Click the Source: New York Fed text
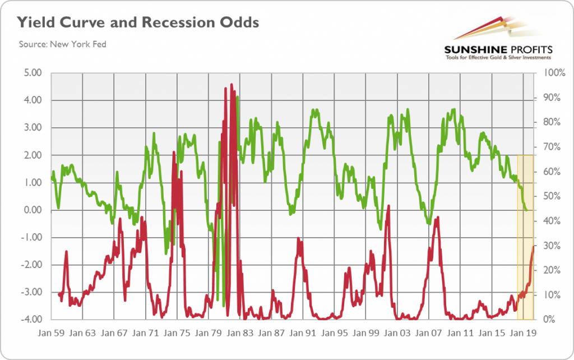coord(62,44)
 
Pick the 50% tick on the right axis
coord(548,196)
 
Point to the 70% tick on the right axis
coord(548,147)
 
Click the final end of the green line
coord(527,210)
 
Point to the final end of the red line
coord(533,246)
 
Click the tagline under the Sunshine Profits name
coord(497,57)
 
